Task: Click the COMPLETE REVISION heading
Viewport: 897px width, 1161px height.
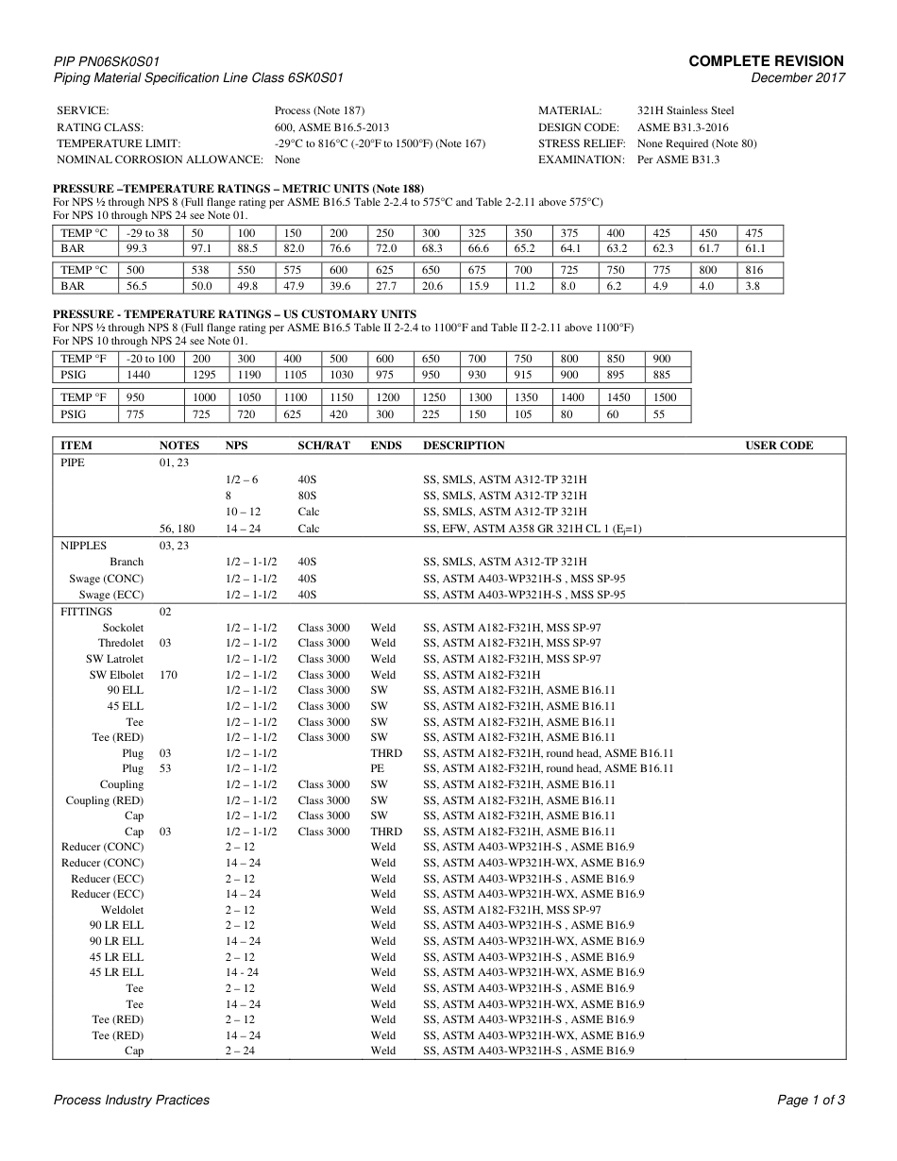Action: (x=766, y=61)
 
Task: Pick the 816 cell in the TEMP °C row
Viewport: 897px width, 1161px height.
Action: (x=754, y=270)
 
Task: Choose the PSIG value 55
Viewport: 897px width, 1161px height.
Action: (x=659, y=414)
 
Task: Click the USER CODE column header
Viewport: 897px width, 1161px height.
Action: (x=779, y=446)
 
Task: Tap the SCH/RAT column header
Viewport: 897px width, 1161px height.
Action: (x=324, y=446)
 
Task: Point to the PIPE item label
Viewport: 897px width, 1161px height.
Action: (x=73, y=463)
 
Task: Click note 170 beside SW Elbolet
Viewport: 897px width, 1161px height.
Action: (x=169, y=675)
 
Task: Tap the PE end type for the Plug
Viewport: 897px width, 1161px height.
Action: (x=378, y=769)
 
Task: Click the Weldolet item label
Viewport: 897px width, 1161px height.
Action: (x=122, y=910)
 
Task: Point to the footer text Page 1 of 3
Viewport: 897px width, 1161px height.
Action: (x=810, y=1100)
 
